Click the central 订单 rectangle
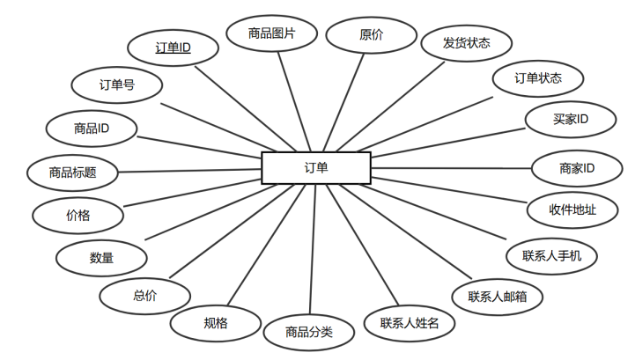pyautogui.click(x=316, y=167)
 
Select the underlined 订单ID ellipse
pyautogui.click(x=173, y=48)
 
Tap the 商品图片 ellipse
pyautogui.click(x=271, y=34)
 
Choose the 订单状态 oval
pyautogui.click(x=537, y=78)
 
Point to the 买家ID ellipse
pyautogui.click(x=571, y=119)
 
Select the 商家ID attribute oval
pyautogui.click(x=577, y=167)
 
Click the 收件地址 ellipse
pyautogui.click(x=572, y=209)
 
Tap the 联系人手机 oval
pyautogui.click(x=552, y=256)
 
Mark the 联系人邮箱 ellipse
pyautogui.click(x=498, y=297)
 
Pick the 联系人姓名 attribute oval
pyautogui.click(x=416, y=323)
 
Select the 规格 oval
pyautogui.click(x=215, y=323)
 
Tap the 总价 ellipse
pyautogui.click(x=144, y=296)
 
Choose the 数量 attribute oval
pyautogui.click(x=101, y=258)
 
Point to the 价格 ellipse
pyautogui.click(x=78, y=214)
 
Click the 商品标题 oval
pyautogui.click(x=72, y=172)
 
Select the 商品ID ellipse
pyautogui.click(x=92, y=129)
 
